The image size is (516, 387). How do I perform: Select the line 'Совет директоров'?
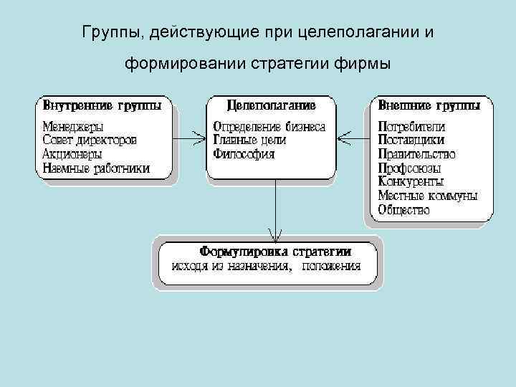tap(89, 140)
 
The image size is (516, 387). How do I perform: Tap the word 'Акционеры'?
tap(72, 154)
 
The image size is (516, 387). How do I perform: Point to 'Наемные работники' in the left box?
tap(96, 168)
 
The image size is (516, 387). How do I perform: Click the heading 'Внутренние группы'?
tap(102, 105)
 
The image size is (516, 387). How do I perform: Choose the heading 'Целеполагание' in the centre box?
tap(271, 105)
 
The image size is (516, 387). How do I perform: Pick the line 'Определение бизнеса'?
tap(269, 127)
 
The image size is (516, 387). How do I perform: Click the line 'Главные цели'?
tap(249, 140)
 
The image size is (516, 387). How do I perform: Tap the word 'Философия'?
tap(244, 154)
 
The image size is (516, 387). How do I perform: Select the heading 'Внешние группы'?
tap(429, 105)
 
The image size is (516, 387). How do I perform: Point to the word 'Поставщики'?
tap(411, 140)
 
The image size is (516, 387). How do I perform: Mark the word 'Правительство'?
tap(416, 154)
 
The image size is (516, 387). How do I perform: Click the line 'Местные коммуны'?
tap(427, 196)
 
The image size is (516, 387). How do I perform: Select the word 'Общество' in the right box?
tap(403, 210)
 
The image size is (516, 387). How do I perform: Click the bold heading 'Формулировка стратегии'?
tap(275, 252)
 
